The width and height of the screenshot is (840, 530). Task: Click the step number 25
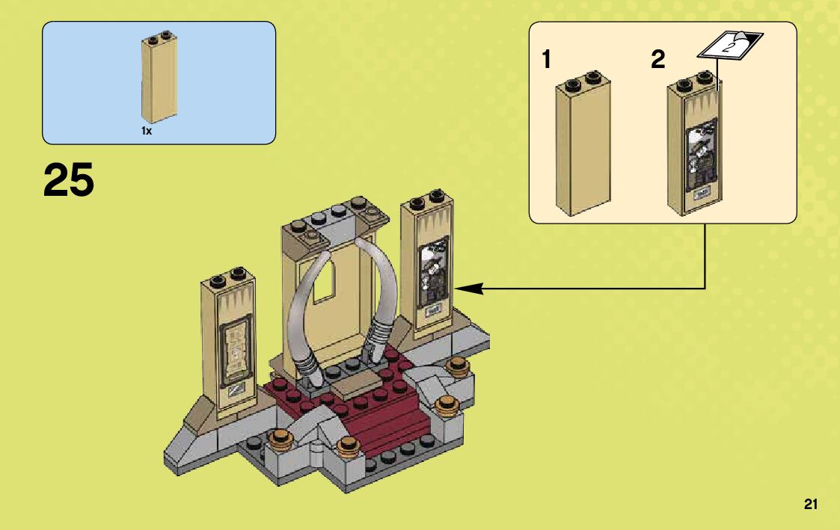pos(69,181)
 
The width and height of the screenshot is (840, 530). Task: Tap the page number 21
pos(811,504)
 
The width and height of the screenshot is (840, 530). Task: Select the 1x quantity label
pos(147,131)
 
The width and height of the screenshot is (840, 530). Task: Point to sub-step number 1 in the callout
pos(547,60)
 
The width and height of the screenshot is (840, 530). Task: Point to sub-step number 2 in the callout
pos(657,60)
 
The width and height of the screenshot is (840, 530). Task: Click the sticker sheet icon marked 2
pos(729,44)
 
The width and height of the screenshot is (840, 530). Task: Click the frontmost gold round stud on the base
pos(346,446)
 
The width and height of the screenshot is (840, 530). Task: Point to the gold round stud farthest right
pos(457,366)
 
